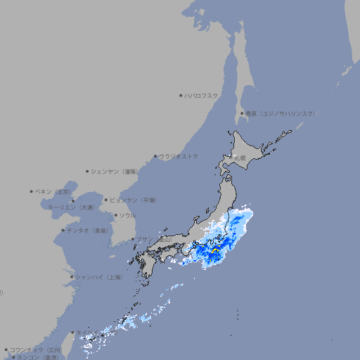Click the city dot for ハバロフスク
tap(181, 95)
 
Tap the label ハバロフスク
tap(201, 95)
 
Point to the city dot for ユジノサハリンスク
tap(243, 113)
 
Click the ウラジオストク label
tap(179, 156)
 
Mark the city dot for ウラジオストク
tap(155, 156)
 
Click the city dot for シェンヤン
tap(87, 171)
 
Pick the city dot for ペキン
tap(32, 191)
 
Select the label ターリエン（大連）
tap(70, 207)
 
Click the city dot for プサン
tap(132, 239)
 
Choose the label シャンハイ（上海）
tap(98, 277)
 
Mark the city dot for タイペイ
tap(72, 333)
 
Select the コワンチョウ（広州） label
tap(35, 349)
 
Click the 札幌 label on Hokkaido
tap(240, 158)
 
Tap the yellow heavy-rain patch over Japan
tap(214, 250)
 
